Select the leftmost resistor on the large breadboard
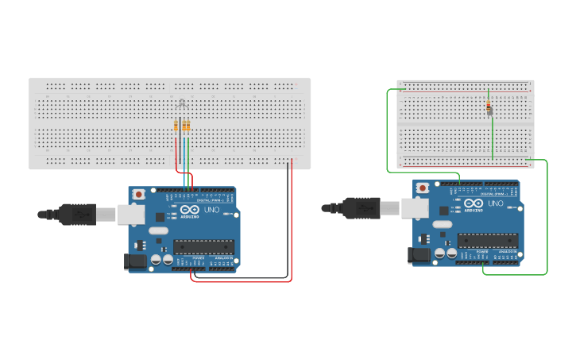tap(176, 125)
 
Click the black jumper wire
tap(287, 223)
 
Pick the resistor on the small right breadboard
tap(488, 109)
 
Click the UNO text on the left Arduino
tap(212, 211)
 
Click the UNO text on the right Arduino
tap(496, 203)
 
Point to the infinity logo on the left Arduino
tap(189, 210)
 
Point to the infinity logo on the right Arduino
tap(473, 203)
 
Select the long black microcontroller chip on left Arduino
tap(204, 247)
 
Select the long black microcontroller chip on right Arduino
tap(487, 240)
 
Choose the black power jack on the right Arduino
tap(419, 255)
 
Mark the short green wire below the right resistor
tap(492, 139)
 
